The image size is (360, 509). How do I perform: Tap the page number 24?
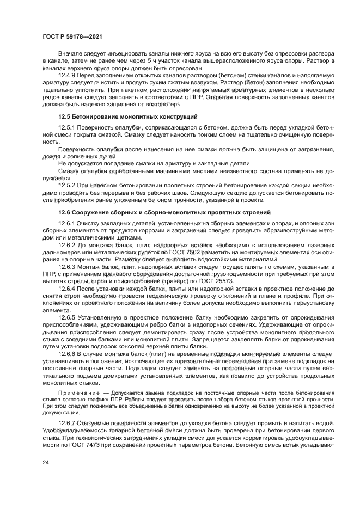click(x=45, y=462)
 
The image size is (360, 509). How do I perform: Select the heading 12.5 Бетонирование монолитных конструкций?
click(x=128, y=116)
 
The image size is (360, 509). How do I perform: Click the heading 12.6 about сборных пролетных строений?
click(x=164, y=212)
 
